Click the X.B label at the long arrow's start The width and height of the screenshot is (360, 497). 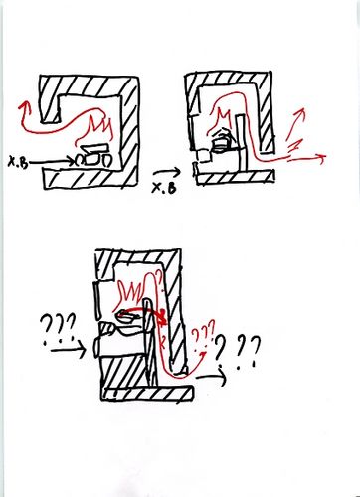click(18, 163)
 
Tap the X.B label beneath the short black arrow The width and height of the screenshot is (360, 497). click(163, 188)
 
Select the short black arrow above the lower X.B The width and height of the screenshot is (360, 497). click(167, 173)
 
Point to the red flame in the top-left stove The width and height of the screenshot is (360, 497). click(96, 129)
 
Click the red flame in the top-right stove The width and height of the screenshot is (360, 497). click(221, 121)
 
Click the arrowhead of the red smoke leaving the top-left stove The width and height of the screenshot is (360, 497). click(24, 107)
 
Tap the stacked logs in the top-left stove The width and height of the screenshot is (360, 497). click(93, 156)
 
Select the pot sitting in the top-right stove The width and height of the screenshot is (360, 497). click(221, 141)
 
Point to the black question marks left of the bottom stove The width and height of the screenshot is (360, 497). click(57, 329)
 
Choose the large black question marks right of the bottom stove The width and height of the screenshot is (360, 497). click(237, 351)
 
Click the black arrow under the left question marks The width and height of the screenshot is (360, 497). click(68, 351)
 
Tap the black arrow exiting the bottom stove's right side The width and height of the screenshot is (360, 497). click(211, 376)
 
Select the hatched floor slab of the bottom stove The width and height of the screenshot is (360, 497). click(147, 394)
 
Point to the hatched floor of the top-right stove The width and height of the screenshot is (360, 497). click(235, 177)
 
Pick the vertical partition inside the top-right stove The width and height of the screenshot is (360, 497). click(242, 141)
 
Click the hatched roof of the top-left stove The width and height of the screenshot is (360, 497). click(89, 86)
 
